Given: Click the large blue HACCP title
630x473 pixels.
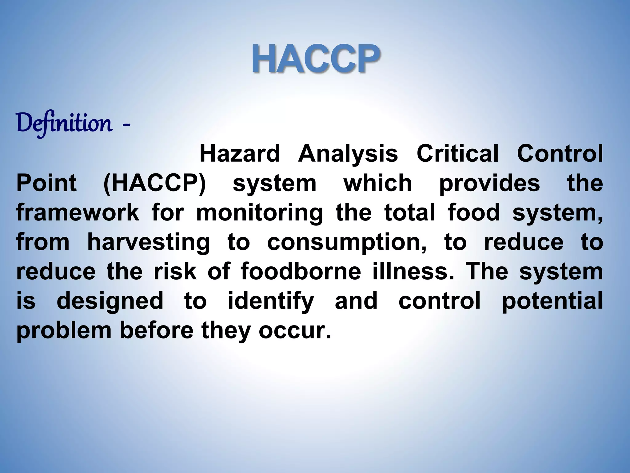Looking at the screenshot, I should pos(316,59).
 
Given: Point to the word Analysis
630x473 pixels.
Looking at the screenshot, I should pos(348,154).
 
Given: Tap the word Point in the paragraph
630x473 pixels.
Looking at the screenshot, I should pos(46,183).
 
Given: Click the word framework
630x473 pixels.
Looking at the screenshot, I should pos(78,212).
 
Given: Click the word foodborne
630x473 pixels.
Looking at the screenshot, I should pos(301,272).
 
